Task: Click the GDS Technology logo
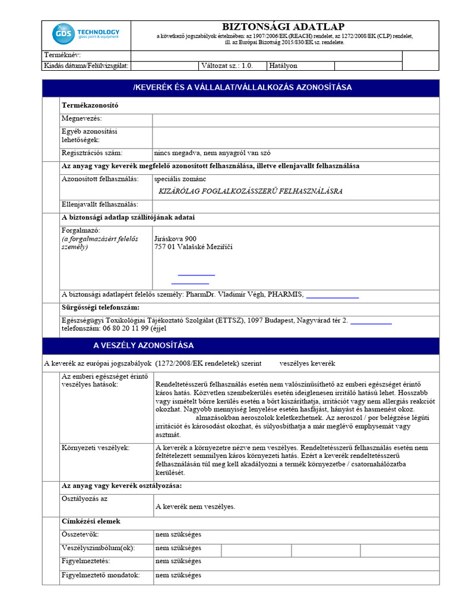(x=85, y=34)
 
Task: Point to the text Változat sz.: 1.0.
(x=227, y=66)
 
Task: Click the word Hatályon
(x=283, y=66)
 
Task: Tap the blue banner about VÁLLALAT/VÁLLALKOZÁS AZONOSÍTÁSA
(x=242, y=87)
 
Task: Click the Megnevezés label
(x=82, y=119)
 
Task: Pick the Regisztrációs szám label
(x=92, y=152)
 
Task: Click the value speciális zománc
(x=180, y=178)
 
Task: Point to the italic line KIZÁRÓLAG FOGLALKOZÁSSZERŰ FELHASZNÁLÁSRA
(x=251, y=192)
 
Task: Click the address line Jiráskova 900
(x=175, y=238)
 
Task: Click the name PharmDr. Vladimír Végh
(x=225, y=294)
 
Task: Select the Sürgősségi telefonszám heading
(x=100, y=307)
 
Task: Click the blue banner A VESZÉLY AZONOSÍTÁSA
(x=143, y=346)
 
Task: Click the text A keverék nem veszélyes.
(x=195, y=507)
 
